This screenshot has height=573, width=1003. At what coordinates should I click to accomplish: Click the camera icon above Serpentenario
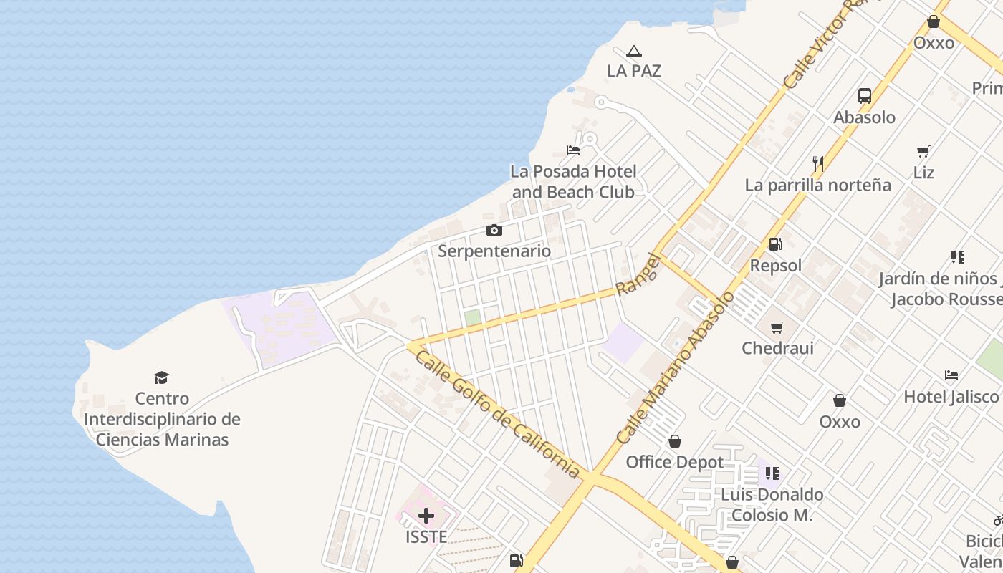click(x=494, y=230)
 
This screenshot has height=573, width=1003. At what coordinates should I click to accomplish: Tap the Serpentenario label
click(x=494, y=251)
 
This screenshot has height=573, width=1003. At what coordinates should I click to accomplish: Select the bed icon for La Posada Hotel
click(x=573, y=150)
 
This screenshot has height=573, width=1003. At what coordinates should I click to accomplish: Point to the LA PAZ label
click(x=634, y=71)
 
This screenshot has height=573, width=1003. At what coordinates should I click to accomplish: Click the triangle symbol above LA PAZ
click(x=633, y=52)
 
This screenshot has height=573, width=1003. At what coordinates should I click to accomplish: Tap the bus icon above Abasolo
click(x=865, y=96)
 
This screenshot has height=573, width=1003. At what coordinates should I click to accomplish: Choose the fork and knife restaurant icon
click(x=817, y=164)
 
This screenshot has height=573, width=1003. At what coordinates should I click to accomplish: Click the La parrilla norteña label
click(x=818, y=185)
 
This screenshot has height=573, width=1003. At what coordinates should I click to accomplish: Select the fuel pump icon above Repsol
click(x=775, y=244)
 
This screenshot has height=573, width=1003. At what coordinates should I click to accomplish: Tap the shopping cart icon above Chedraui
click(x=777, y=328)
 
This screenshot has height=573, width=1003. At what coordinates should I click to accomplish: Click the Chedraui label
click(x=777, y=348)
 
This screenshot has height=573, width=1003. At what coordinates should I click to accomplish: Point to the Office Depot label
click(x=675, y=462)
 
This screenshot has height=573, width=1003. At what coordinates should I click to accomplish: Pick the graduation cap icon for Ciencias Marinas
click(x=162, y=377)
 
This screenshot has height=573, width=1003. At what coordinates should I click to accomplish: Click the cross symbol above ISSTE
click(x=426, y=516)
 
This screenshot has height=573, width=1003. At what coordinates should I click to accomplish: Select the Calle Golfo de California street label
click(x=498, y=414)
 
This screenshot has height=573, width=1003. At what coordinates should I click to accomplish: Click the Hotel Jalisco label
click(x=951, y=396)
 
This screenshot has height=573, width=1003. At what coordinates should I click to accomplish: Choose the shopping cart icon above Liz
click(x=923, y=152)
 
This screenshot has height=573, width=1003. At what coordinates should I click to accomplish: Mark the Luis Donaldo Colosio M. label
click(x=772, y=504)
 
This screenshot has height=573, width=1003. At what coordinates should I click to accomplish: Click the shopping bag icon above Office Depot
click(x=674, y=441)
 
